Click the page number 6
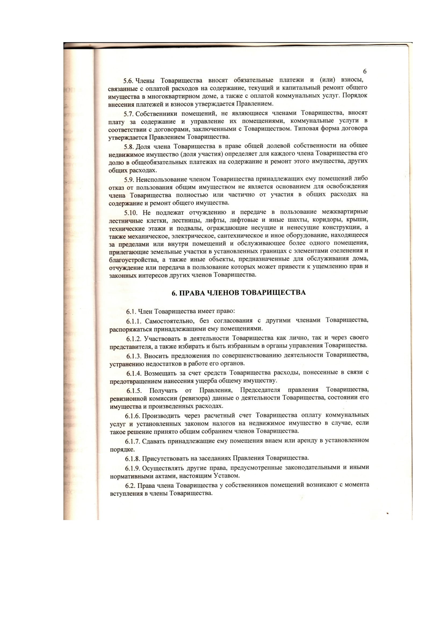364,71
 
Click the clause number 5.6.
128,81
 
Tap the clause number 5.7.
129,114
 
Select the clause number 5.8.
129,147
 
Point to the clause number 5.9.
129,180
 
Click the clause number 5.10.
131,213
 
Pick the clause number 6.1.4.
134,373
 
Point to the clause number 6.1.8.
133,458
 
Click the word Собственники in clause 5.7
155,114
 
